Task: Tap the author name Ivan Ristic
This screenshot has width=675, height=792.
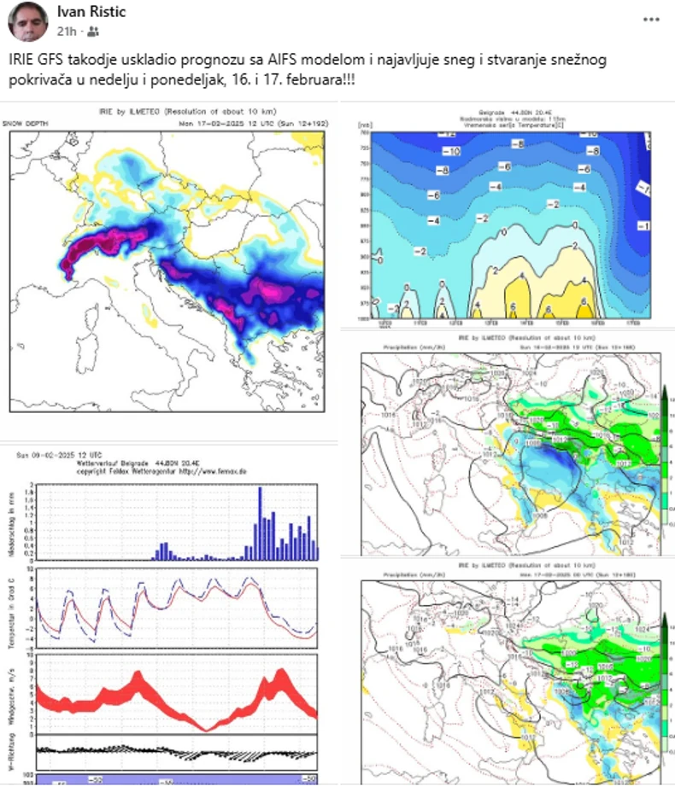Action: coord(91,12)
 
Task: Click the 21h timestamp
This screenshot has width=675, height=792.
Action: coord(67,31)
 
